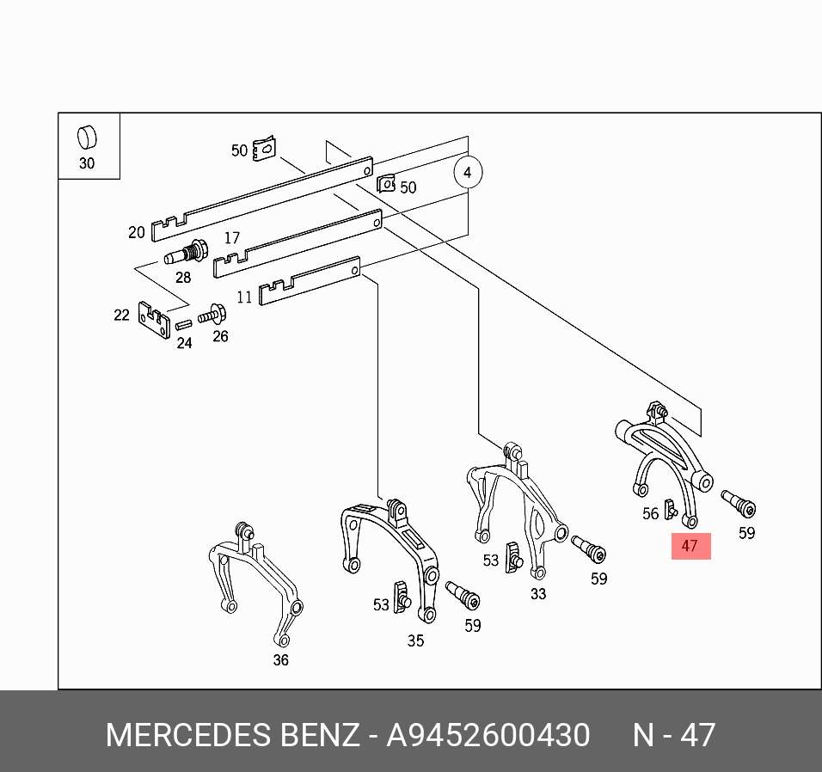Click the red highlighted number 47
point(690,546)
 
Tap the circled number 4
point(468,173)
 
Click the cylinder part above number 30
point(87,138)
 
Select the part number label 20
point(137,232)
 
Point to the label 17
point(232,238)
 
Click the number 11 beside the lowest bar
point(244,297)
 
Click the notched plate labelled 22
point(155,318)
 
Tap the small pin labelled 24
point(183,325)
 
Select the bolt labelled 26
point(212,315)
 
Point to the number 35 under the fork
point(415,640)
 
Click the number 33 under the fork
point(537,593)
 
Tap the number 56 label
point(651,514)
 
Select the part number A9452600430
point(488,736)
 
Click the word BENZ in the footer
point(321,736)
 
